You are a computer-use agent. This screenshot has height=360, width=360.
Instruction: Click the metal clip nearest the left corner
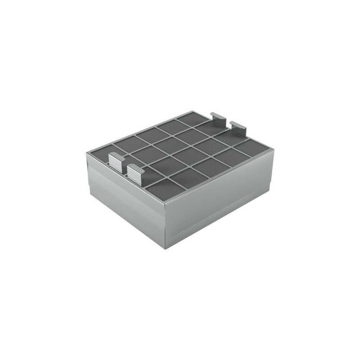[116, 161]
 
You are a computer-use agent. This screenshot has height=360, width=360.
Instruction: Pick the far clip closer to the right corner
[238, 128]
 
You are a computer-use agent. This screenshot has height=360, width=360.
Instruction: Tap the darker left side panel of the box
[126, 198]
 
